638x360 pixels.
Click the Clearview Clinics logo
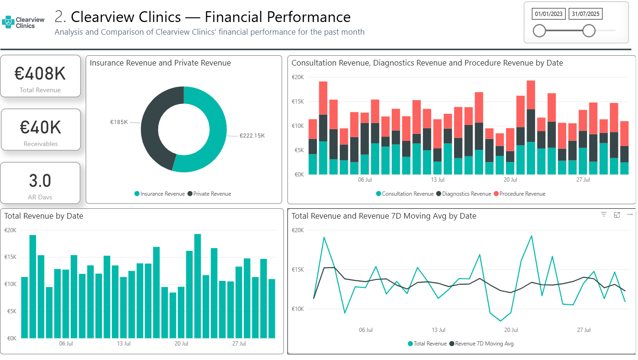click(x=23, y=22)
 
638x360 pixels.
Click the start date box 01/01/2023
click(x=549, y=14)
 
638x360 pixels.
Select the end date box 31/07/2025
click(x=585, y=14)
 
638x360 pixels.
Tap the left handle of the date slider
click(x=539, y=31)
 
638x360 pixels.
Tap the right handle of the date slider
click(x=589, y=31)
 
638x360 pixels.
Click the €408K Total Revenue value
click(x=40, y=73)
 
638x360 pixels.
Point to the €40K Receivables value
click(x=40, y=127)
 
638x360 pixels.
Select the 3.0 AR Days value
click(x=40, y=181)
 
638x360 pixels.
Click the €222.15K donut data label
click(x=252, y=136)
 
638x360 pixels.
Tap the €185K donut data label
click(x=119, y=122)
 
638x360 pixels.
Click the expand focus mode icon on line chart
click(x=617, y=214)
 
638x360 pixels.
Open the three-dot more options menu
click(x=630, y=214)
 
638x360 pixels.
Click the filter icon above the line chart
click(x=604, y=214)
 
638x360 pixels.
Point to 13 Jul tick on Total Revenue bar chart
click(x=124, y=344)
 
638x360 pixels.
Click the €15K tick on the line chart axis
click(x=298, y=270)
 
